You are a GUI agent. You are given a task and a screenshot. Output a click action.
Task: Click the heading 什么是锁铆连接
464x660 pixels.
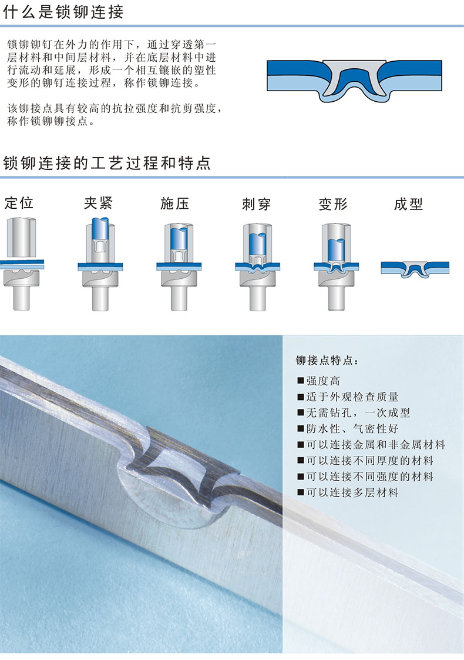tap(63, 11)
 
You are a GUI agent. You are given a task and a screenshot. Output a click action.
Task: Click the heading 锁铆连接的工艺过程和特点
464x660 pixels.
tap(107, 163)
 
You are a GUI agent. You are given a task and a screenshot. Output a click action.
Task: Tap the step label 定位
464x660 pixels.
tap(19, 203)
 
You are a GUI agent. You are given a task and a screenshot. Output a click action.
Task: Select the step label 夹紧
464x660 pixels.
tap(98, 203)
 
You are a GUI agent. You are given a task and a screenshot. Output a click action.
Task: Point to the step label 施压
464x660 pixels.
tap(175, 204)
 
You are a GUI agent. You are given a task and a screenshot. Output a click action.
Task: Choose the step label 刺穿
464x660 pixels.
tap(257, 204)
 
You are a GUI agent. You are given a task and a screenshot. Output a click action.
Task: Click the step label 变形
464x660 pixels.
tap(333, 204)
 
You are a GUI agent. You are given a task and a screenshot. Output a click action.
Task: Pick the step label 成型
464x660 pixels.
tap(408, 204)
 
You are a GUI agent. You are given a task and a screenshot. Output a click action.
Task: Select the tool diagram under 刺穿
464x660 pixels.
tap(257, 267)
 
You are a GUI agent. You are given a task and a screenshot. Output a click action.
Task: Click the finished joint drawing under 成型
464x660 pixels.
tap(415, 269)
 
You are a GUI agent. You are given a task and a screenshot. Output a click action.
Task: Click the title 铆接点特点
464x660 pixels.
tap(327, 361)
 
